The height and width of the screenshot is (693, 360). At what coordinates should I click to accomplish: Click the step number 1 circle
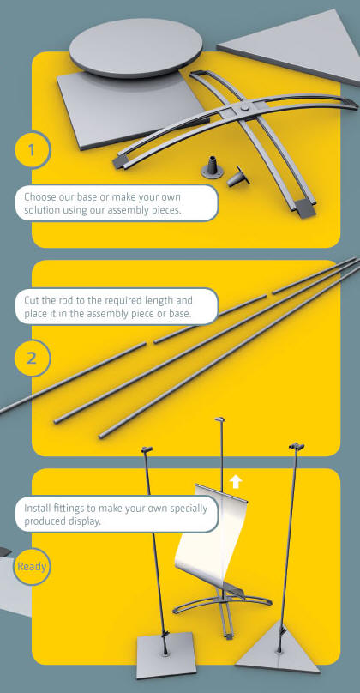(x=33, y=150)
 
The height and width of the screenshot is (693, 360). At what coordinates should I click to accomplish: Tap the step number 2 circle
(x=33, y=358)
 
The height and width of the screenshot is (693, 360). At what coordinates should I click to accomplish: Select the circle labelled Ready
(x=32, y=567)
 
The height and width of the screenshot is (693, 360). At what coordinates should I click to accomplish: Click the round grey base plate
(x=135, y=48)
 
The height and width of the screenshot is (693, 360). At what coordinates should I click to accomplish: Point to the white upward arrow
(x=236, y=481)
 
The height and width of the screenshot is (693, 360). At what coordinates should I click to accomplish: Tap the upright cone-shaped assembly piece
(x=213, y=167)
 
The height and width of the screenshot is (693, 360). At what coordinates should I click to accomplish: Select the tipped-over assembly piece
(x=238, y=177)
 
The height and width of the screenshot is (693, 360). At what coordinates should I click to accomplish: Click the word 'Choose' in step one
(x=39, y=197)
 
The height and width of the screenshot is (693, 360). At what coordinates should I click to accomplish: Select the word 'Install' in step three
(x=37, y=508)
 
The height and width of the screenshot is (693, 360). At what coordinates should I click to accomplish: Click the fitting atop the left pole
(x=147, y=450)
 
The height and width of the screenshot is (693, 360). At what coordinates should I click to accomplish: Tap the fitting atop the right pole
(x=297, y=445)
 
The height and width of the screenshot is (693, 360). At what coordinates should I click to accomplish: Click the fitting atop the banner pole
(x=219, y=419)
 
